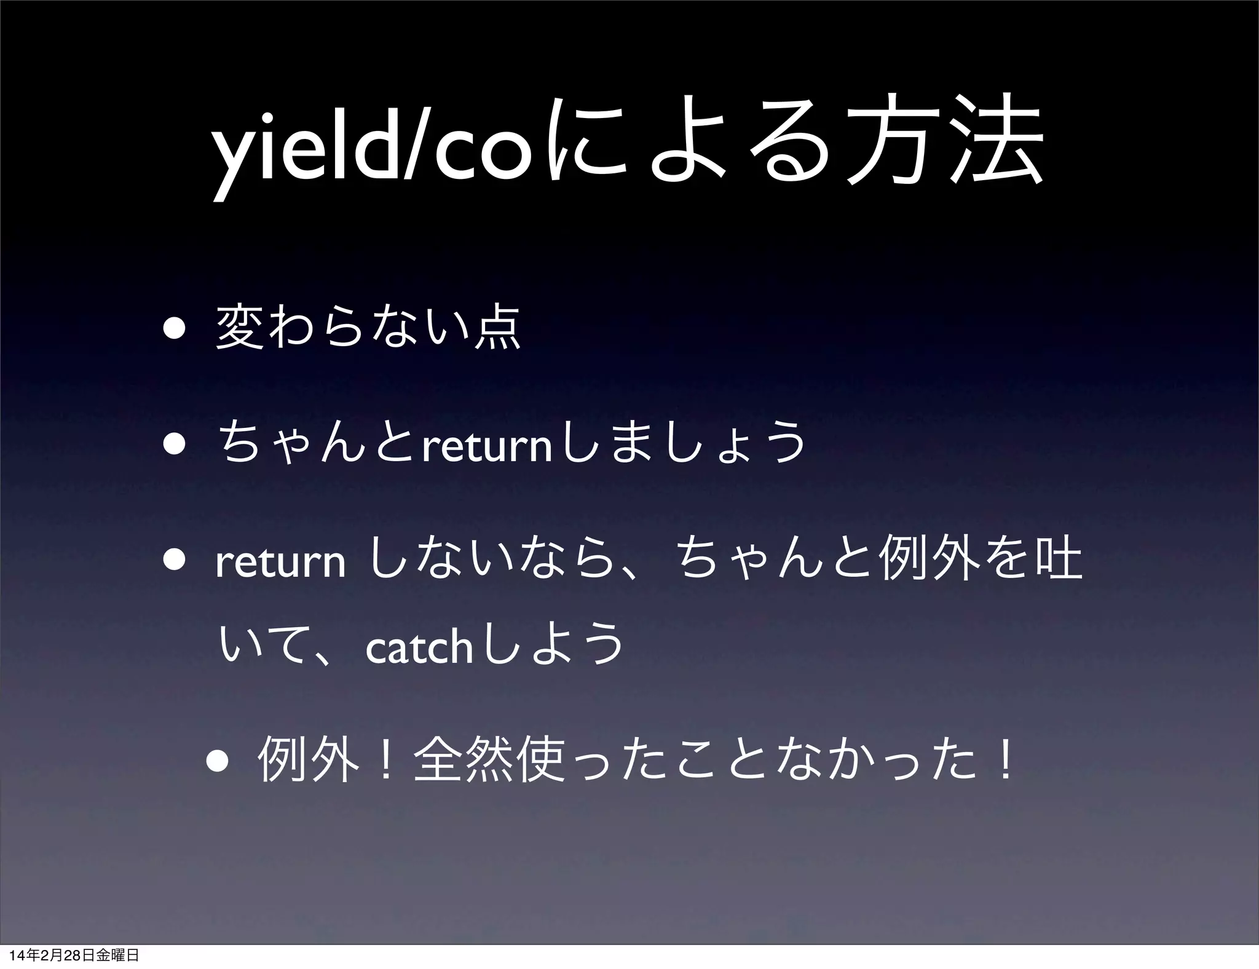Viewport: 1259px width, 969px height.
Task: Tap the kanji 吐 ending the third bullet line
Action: (1058, 560)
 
